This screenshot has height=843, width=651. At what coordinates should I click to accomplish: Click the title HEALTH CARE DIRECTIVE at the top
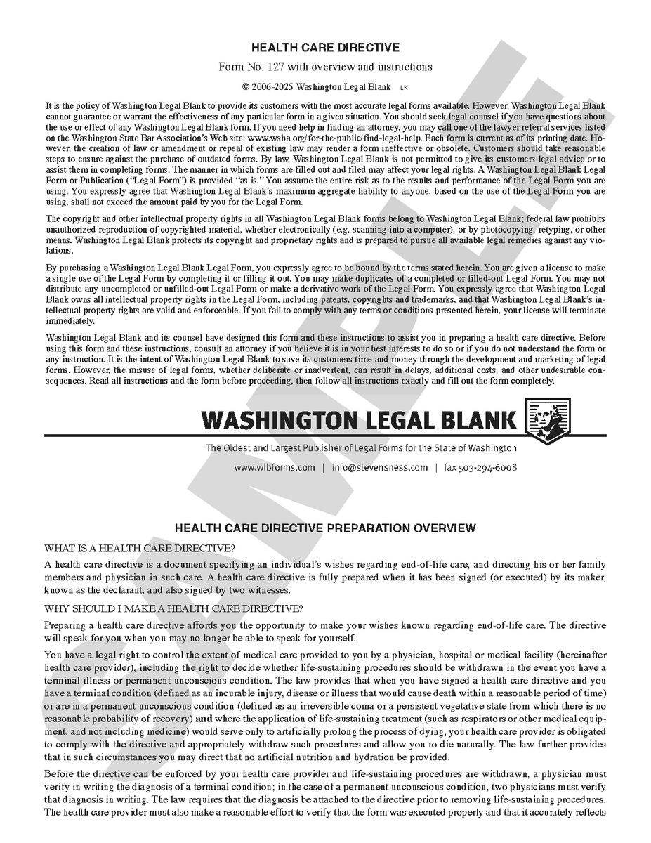coord(325,48)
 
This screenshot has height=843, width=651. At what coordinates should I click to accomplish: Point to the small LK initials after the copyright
coord(403,88)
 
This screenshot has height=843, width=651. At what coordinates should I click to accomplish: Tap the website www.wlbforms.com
coord(275,467)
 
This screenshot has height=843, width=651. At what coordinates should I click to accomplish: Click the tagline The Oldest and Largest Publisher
coord(361,448)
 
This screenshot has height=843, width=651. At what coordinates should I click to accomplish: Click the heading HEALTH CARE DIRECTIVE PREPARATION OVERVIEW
coord(325,528)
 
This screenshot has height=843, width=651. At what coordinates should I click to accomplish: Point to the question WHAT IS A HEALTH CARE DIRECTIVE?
coord(140,548)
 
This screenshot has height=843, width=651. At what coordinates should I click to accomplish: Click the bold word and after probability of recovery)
coord(203,719)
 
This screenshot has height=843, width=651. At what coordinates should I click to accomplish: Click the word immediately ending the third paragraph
coord(70,321)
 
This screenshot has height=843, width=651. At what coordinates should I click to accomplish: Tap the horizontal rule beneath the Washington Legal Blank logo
coord(325,436)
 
